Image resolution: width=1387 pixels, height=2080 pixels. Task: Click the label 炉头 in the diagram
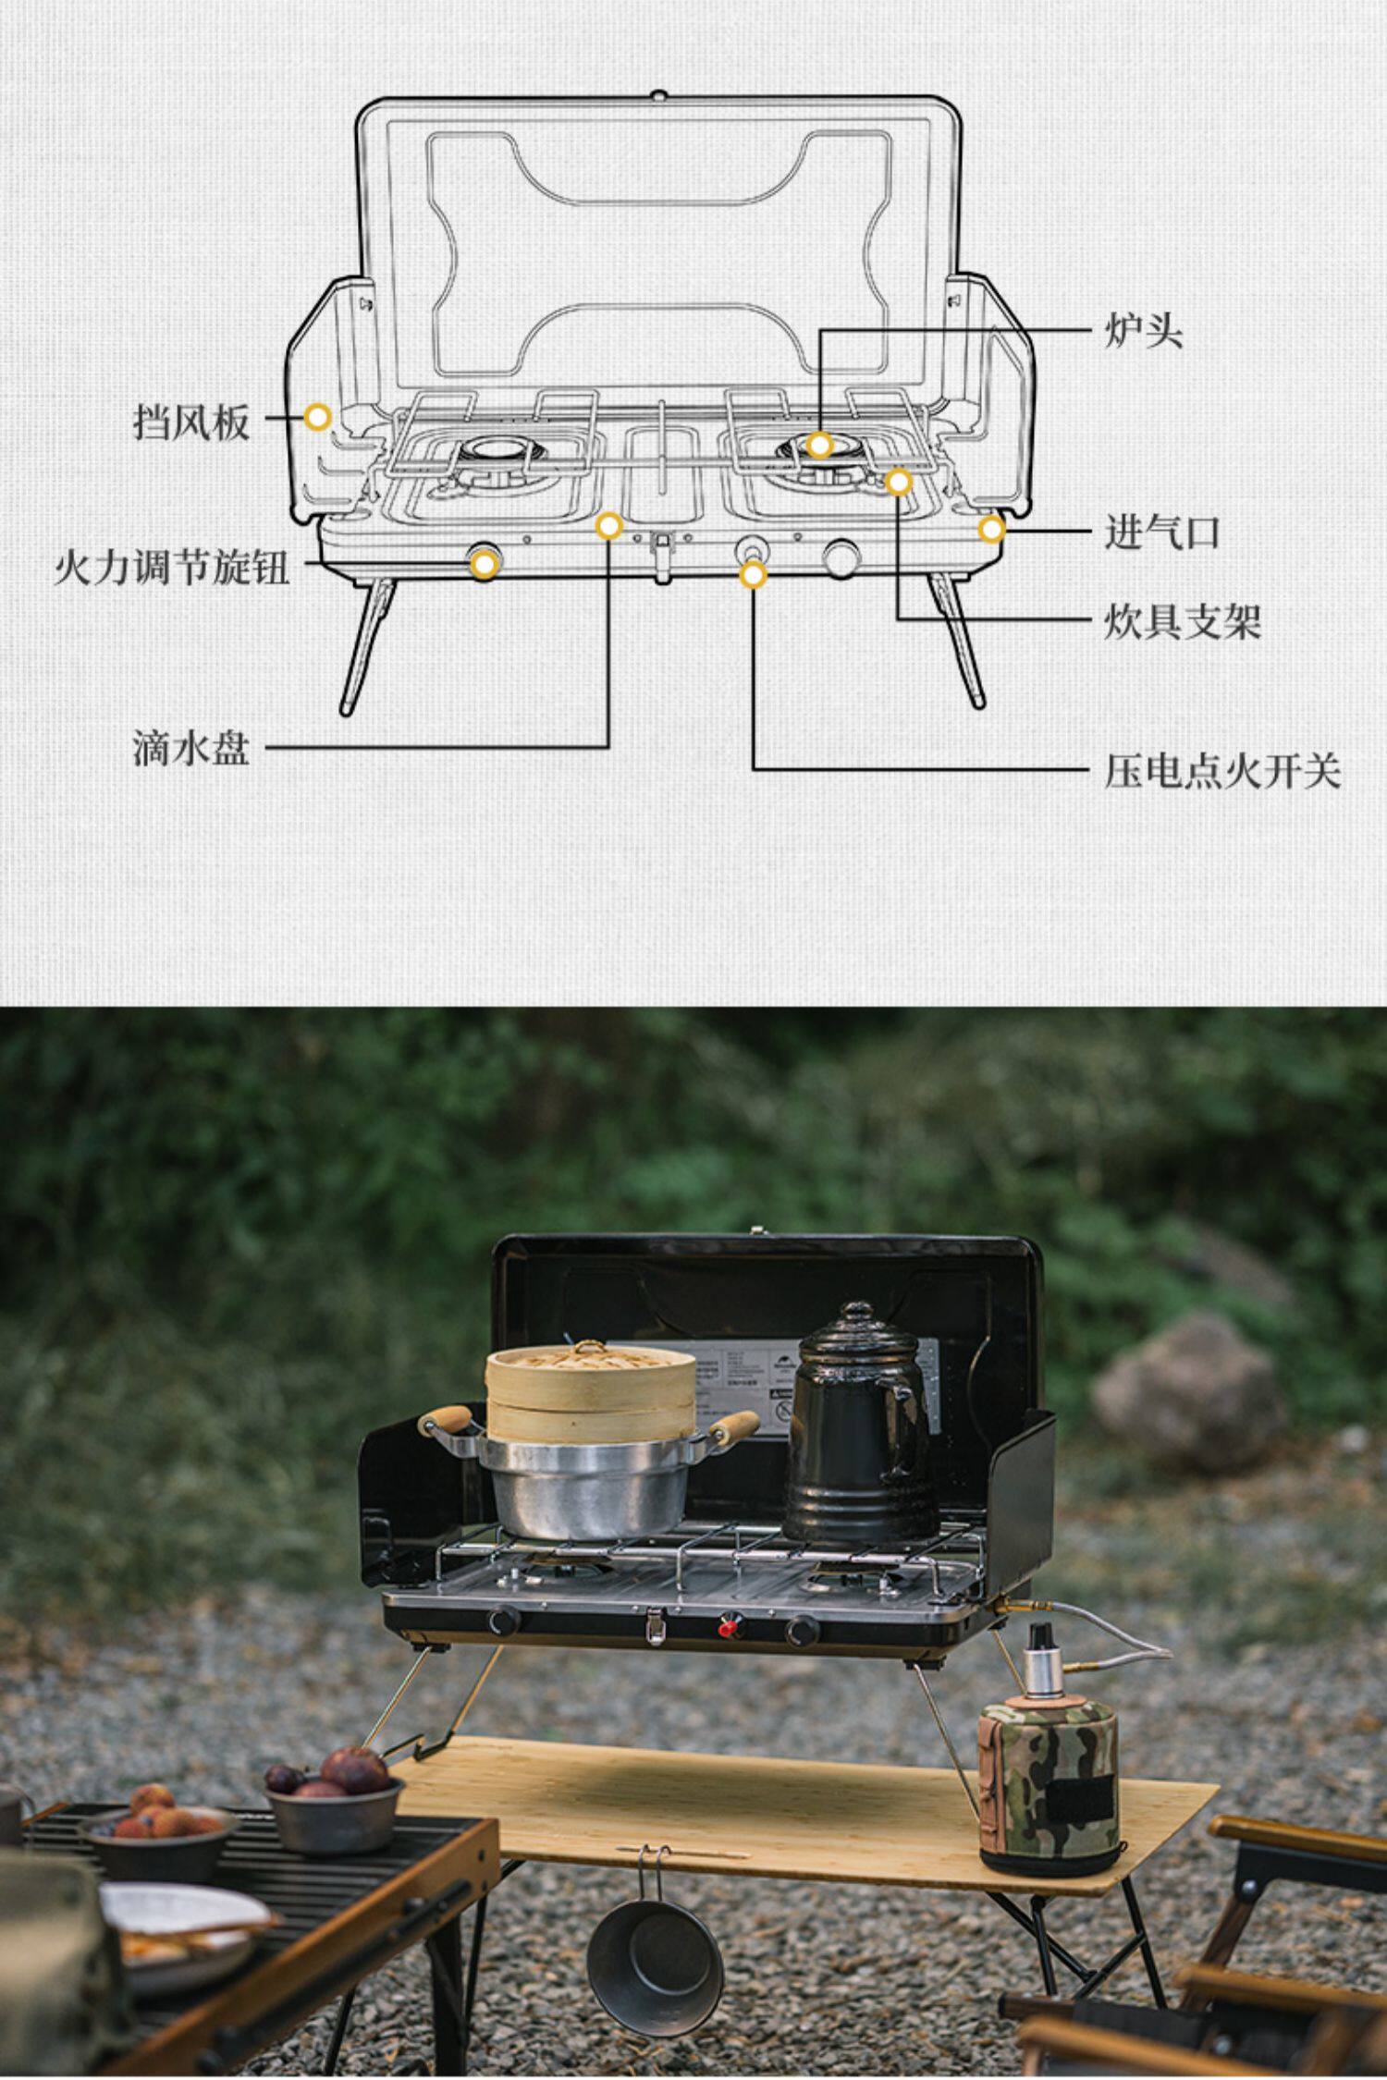click(x=1144, y=330)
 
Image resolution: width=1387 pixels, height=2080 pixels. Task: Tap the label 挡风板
click(x=191, y=422)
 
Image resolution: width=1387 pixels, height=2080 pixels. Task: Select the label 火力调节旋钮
click(x=172, y=566)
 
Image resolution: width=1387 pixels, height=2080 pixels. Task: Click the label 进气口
click(x=1162, y=533)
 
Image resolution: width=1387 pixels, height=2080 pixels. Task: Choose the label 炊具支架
click(x=1182, y=621)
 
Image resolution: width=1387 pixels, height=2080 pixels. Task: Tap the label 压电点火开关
click(x=1221, y=770)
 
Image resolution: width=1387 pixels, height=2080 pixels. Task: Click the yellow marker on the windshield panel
click(x=317, y=417)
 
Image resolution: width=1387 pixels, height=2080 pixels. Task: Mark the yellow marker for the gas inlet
click(x=991, y=530)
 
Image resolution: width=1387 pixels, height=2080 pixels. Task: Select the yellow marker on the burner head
click(x=819, y=445)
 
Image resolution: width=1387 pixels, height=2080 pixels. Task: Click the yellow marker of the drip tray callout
click(x=608, y=526)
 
